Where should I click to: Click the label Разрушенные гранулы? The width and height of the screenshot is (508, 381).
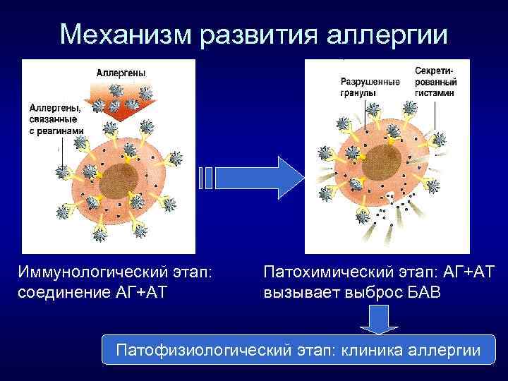click(x=368, y=86)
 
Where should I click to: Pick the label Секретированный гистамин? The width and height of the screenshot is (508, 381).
click(x=435, y=82)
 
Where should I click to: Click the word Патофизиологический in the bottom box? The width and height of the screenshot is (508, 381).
click(x=213, y=349)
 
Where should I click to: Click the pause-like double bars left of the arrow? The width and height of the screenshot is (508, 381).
click(x=205, y=179)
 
